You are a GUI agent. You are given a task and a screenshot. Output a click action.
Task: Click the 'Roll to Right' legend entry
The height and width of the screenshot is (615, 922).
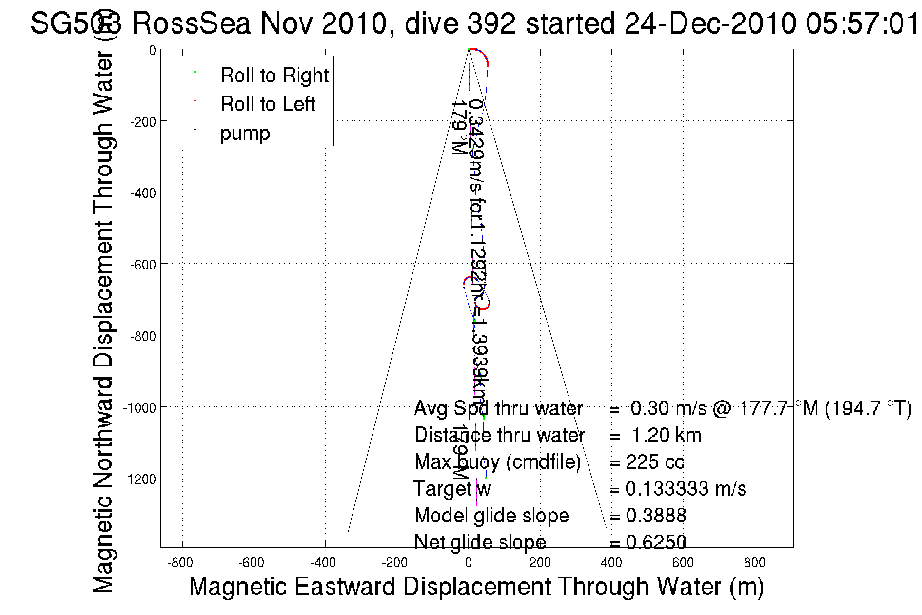tap(274, 76)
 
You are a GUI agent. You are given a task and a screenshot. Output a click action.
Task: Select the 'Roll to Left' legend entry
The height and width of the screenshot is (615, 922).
tap(267, 104)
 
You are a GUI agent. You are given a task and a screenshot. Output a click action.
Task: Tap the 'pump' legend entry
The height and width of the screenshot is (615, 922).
tap(245, 133)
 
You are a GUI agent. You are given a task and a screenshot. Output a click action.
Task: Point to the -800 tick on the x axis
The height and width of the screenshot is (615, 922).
tap(180, 563)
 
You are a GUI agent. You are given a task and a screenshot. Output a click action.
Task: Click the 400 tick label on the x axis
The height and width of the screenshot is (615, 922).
tap(611, 563)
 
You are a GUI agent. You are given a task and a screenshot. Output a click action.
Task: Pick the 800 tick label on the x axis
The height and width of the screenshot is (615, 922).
tap(754, 563)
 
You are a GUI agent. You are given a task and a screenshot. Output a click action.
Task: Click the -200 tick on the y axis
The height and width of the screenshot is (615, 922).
tap(143, 122)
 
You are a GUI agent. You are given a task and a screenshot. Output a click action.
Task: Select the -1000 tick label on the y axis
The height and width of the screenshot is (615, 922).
tap(139, 408)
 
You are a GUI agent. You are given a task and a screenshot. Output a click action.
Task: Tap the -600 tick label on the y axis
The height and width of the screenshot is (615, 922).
tap(143, 265)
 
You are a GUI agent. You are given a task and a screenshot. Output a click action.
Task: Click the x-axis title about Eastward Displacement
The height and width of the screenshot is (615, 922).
tap(476, 587)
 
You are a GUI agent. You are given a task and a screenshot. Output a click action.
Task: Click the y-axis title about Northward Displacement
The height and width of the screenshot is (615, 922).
tap(103, 322)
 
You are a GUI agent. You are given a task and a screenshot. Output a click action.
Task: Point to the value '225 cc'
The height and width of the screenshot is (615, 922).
tap(655, 462)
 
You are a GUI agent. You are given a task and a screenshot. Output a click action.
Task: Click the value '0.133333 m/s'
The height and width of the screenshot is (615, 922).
tap(686, 489)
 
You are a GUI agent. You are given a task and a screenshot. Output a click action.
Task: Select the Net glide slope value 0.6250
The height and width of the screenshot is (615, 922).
tap(656, 542)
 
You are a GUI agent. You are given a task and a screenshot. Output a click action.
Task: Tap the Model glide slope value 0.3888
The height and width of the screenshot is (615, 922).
tap(656, 516)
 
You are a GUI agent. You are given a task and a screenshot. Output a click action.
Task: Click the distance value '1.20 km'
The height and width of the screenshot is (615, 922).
tap(667, 435)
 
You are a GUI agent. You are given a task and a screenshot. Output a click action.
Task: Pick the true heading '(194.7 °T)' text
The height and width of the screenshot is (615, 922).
tap(868, 408)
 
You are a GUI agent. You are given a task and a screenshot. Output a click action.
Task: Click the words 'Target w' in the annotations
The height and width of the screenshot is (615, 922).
tap(452, 489)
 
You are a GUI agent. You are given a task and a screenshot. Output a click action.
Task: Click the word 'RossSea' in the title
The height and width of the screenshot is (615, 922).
tap(192, 23)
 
